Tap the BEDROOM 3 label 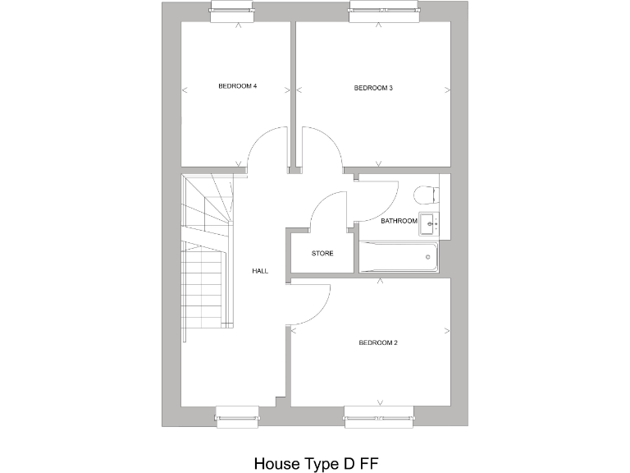373,88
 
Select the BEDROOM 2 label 378,342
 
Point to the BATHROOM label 399,221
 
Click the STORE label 322,254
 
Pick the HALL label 260,271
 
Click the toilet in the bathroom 426,195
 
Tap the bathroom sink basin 429,220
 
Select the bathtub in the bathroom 399,256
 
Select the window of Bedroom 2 378,416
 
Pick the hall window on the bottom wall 238,416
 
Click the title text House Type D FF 315,463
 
